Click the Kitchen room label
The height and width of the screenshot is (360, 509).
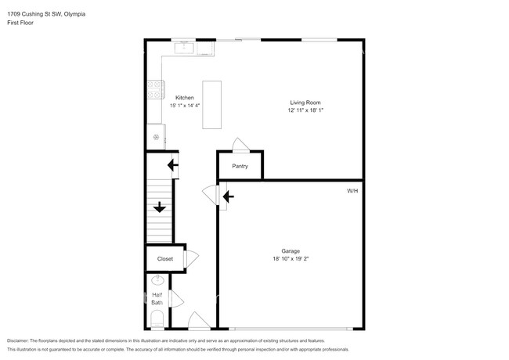click(184, 98)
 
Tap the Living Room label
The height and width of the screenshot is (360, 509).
click(305, 103)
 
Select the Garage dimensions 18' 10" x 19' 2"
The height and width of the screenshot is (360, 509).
click(291, 259)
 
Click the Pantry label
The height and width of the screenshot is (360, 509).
click(240, 166)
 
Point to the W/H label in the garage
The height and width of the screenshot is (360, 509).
click(352, 191)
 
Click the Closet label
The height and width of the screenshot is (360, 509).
click(165, 259)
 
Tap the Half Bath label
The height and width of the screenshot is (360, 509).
click(157, 299)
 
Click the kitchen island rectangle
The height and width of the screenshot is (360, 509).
click(212, 105)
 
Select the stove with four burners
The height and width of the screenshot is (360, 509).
click(156, 89)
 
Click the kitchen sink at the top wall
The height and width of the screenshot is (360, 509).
click(184, 48)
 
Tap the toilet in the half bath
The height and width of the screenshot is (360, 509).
click(157, 319)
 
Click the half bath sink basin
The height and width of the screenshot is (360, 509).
click(157, 279)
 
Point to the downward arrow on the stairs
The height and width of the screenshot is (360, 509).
click(160, 207)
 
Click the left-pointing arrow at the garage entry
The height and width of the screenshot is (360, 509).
click(228, 196)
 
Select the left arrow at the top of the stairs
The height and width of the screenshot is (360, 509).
click(173, 165)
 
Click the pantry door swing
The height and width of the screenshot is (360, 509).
click(240, 145)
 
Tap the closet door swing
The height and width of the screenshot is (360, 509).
click(192, 259)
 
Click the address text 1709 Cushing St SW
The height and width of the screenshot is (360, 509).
click(34, 14)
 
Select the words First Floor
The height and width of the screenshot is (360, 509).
click(20, 23)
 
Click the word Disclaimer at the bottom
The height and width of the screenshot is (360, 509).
click(17, 341)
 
